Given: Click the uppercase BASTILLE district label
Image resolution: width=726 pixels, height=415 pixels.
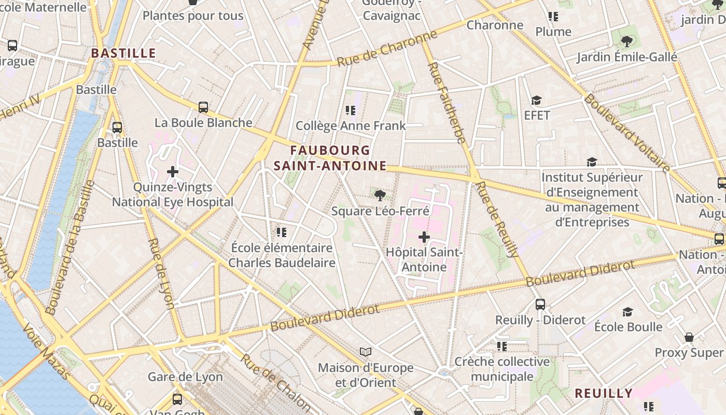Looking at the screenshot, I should pos(123,53).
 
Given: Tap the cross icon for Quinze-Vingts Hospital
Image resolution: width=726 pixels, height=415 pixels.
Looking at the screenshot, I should pos(173,171).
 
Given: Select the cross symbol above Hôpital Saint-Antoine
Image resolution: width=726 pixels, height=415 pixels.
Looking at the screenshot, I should pos(424,237).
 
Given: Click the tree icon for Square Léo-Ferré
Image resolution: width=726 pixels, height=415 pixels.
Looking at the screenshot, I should pos(380,196).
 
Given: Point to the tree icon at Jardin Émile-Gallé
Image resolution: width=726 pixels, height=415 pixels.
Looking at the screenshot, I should pos(627,41).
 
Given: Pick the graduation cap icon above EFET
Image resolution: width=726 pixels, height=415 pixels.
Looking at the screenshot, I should pos(536,100).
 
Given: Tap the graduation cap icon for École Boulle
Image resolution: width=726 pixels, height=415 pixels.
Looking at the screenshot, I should pos(628,312).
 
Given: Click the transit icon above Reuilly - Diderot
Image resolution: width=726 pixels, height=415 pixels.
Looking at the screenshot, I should pos(540,305).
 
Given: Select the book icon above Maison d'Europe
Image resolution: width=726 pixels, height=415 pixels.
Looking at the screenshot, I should pos(366,352).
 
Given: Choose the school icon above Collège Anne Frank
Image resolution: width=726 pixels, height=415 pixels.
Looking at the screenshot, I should pos(351,110).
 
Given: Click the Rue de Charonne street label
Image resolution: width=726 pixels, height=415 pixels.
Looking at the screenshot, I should pos(387,49).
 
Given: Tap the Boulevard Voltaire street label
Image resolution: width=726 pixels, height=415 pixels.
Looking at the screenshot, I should pos(627,133).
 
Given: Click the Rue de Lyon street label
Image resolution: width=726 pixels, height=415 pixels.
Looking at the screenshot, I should pos(161,273).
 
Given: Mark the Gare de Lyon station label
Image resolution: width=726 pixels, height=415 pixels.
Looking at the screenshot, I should pos(185,377).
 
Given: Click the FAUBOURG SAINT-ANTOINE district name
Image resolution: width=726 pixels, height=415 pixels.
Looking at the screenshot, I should pos(330,158).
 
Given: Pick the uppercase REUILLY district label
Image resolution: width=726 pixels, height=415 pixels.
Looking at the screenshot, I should pos(604,393).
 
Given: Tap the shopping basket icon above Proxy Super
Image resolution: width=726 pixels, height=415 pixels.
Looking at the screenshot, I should pos(689,337).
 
